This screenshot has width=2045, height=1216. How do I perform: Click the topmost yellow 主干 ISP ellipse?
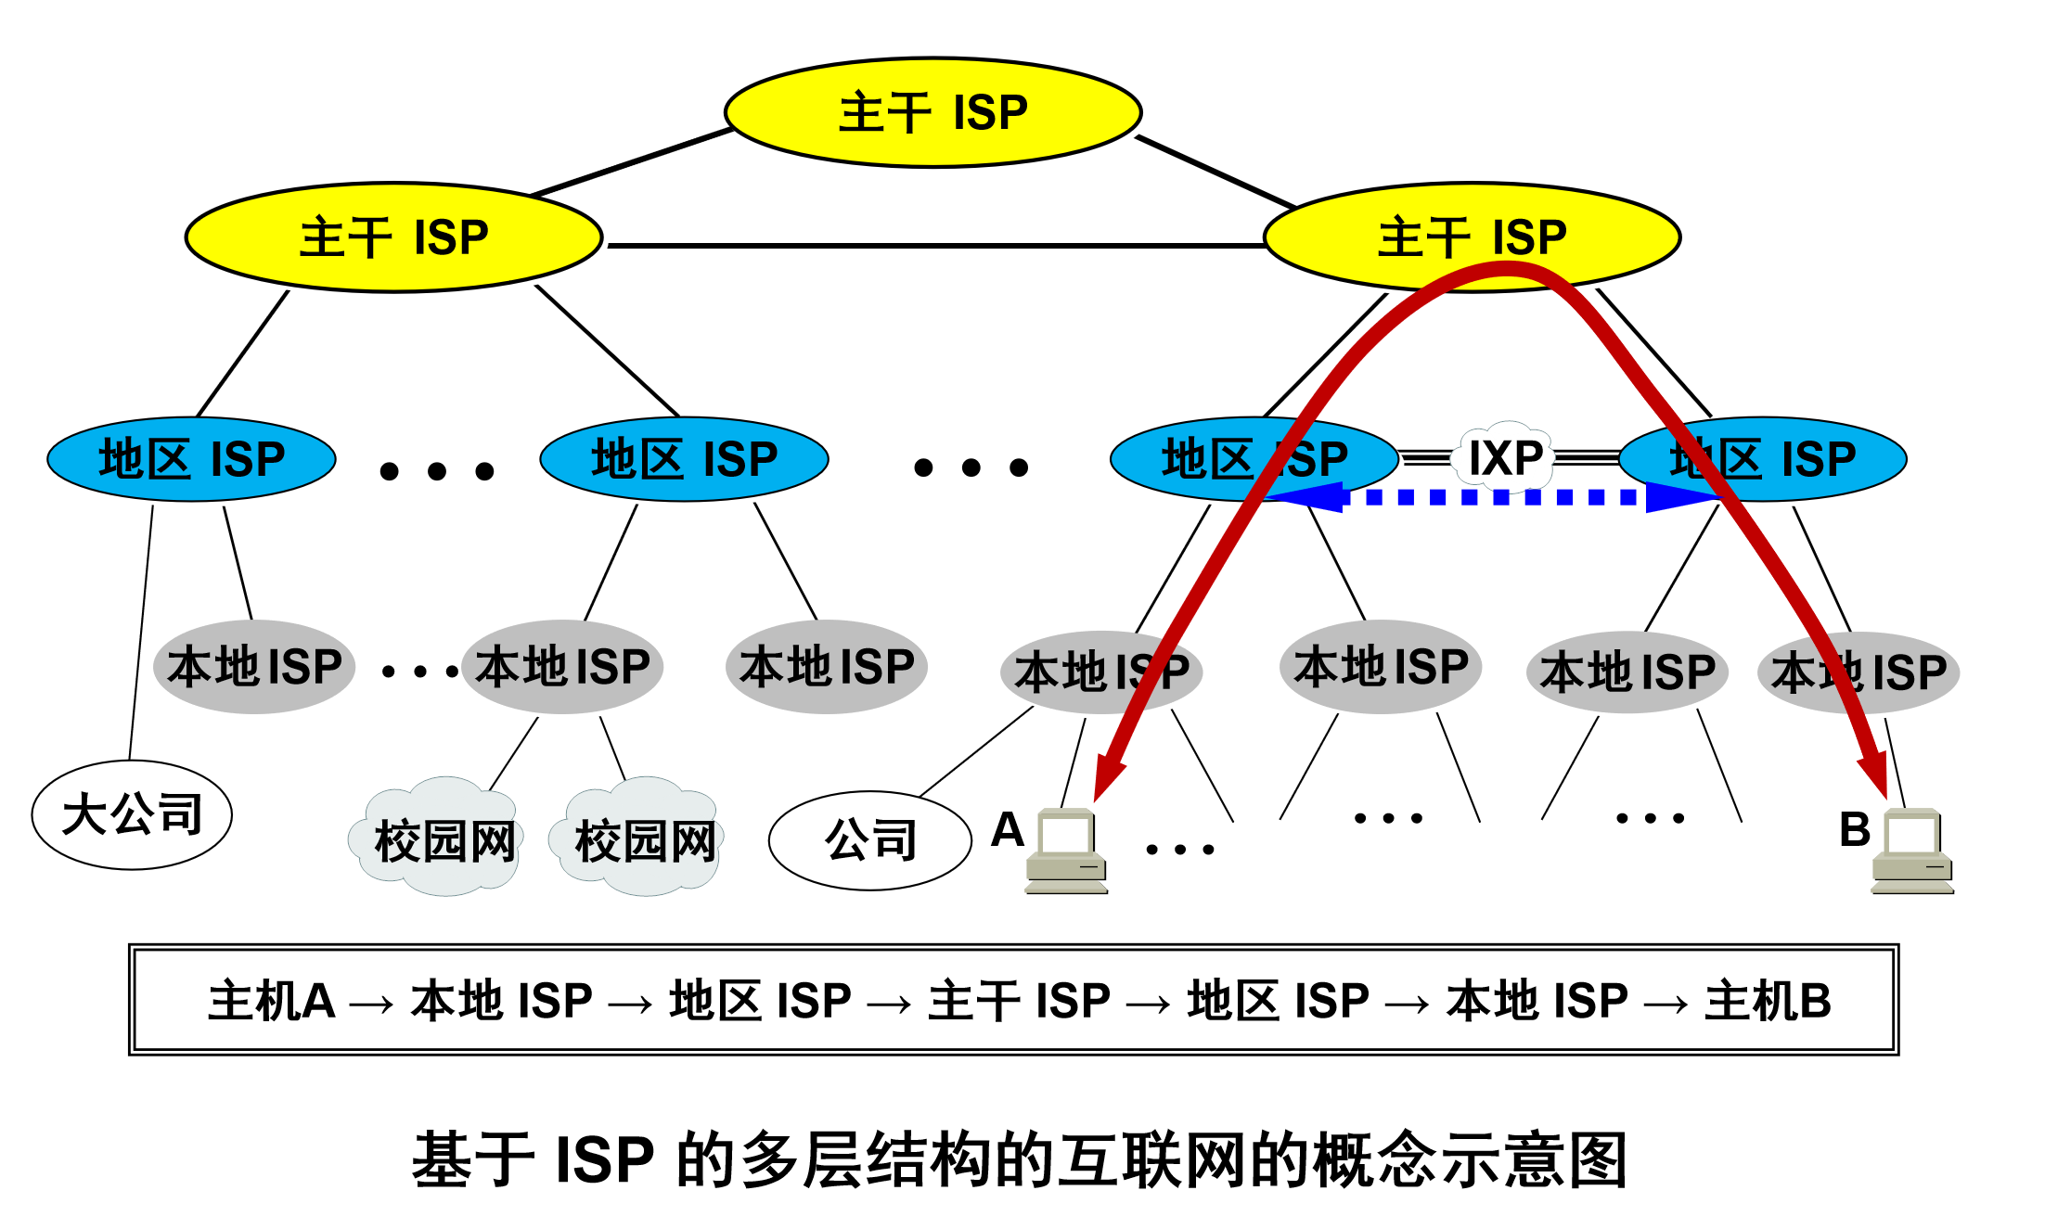[932, 113]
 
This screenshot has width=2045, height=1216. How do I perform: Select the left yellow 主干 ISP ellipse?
[393, 237]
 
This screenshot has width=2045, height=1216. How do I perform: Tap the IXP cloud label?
[1505, 458]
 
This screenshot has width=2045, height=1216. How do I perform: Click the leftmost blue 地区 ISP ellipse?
[191, 459]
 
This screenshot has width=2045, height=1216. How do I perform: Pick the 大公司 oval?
[132, 815]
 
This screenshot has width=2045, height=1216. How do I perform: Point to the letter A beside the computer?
[1007, 829]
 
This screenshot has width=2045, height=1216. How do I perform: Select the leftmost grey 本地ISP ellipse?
[254, 667]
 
